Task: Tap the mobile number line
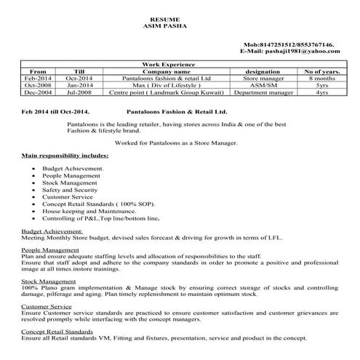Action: [x=288, y=45]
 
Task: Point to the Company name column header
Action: [x=167, y=72]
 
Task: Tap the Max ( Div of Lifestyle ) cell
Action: [x=167, y=86]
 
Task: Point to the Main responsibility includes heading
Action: [x=65, y=156]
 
